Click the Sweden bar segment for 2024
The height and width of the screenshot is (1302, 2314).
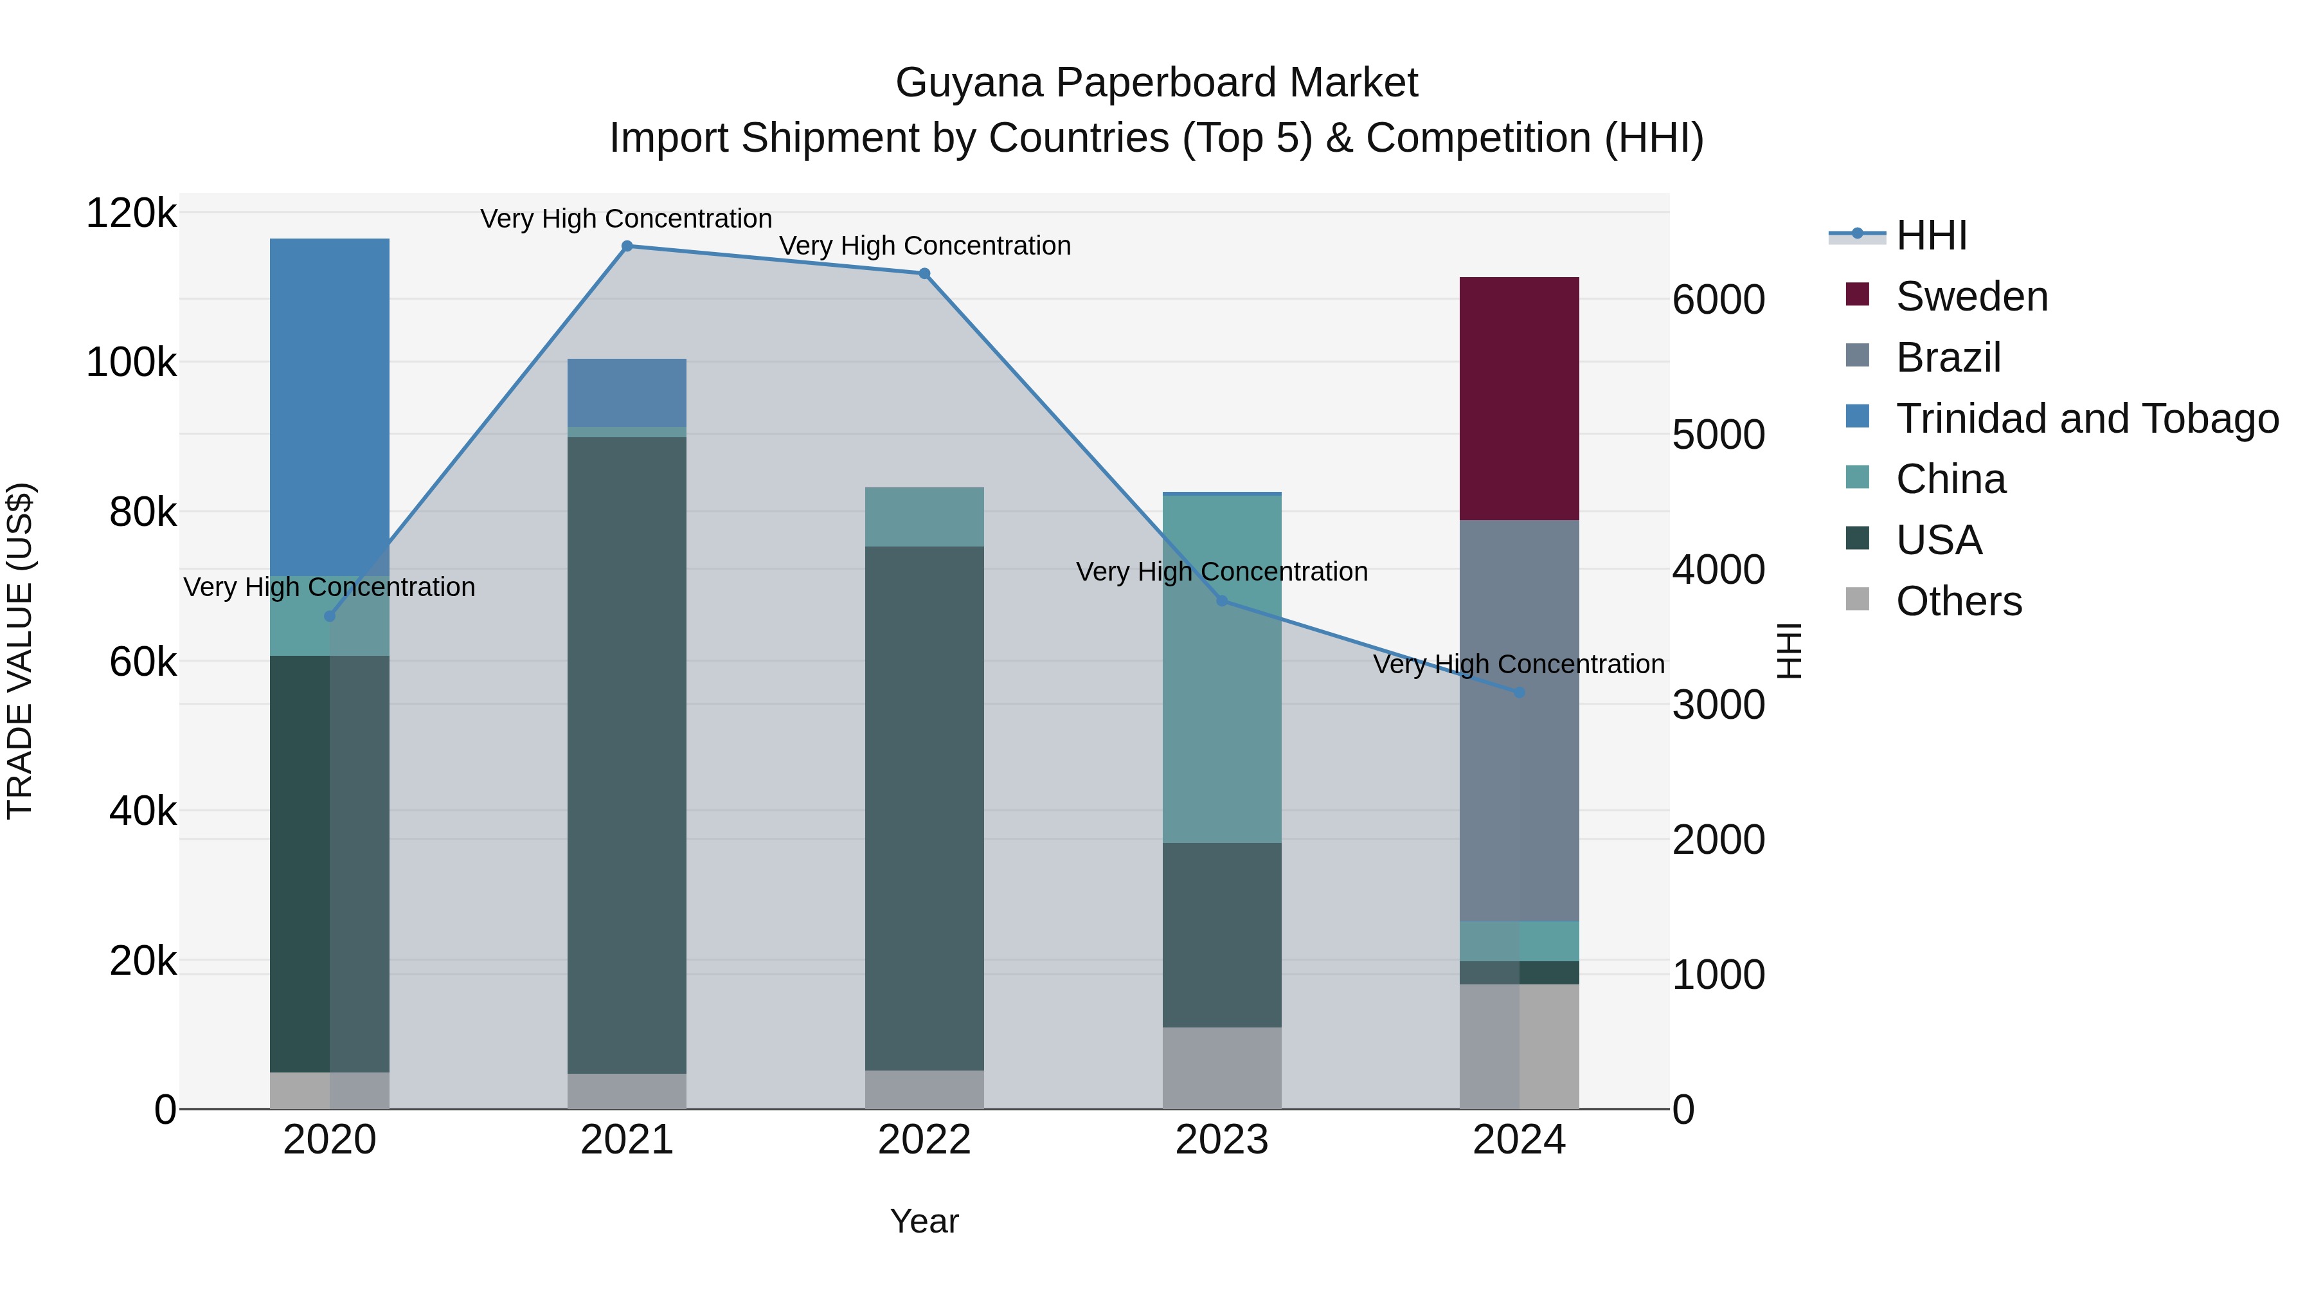[1518, 398]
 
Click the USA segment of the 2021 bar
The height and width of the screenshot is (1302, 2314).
[626, 755]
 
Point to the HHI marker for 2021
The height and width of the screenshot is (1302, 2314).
[627, 246]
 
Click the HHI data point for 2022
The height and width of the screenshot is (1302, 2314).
[924, 273]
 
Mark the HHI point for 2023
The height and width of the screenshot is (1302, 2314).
[1222, 601]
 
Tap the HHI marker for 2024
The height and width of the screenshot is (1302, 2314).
[1519, 692]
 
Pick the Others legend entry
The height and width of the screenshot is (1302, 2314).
[1959, 601]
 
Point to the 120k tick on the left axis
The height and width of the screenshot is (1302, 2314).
[131, 214]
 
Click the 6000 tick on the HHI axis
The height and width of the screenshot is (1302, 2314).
[1718, 300]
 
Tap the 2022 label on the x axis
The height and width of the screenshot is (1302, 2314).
[924, 1140]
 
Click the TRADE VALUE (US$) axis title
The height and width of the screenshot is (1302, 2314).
[20, 651]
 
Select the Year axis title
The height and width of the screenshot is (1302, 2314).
[924, 1221]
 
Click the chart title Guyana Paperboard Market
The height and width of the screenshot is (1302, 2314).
[1156, 83]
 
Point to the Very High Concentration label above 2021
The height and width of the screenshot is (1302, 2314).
[626, 219]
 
